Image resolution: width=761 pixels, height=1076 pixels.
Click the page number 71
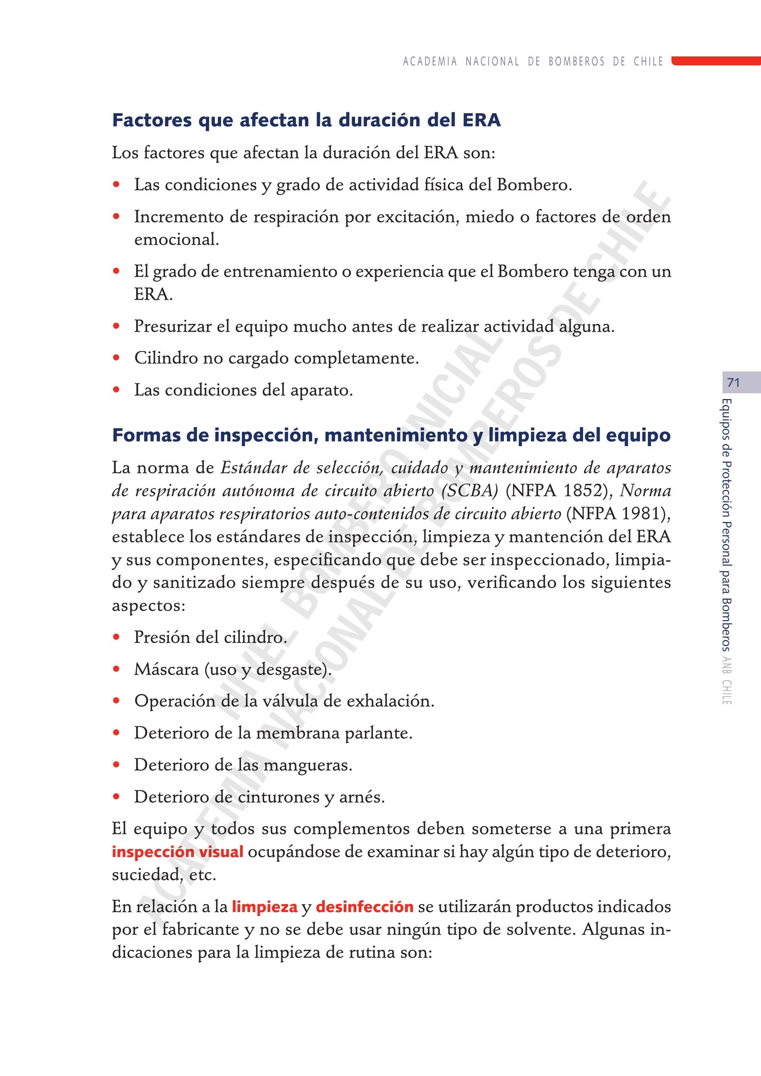[733, 383]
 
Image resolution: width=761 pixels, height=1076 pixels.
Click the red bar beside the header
[716, 61]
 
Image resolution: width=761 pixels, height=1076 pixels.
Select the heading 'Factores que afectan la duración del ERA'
[307, 120]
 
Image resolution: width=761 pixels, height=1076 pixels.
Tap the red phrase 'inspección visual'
[177, 852]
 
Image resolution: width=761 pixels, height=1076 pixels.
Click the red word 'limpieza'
[265, 907]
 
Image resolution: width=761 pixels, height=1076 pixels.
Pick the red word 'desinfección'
[364, 907]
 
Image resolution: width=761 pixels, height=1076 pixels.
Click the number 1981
[642, 514]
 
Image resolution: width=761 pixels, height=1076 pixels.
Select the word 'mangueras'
[307, 765]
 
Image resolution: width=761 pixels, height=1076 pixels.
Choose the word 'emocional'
[176, 239]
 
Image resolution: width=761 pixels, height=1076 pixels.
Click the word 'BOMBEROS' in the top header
[576, 61]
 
